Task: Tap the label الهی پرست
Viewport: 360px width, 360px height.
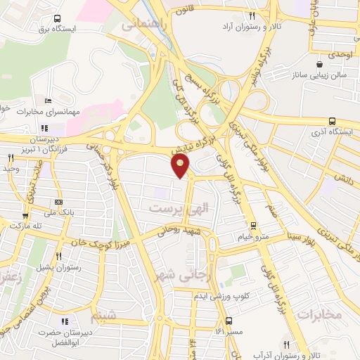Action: [x=180, y=207]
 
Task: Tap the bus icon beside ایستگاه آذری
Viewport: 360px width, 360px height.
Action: [x=332, y=120]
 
